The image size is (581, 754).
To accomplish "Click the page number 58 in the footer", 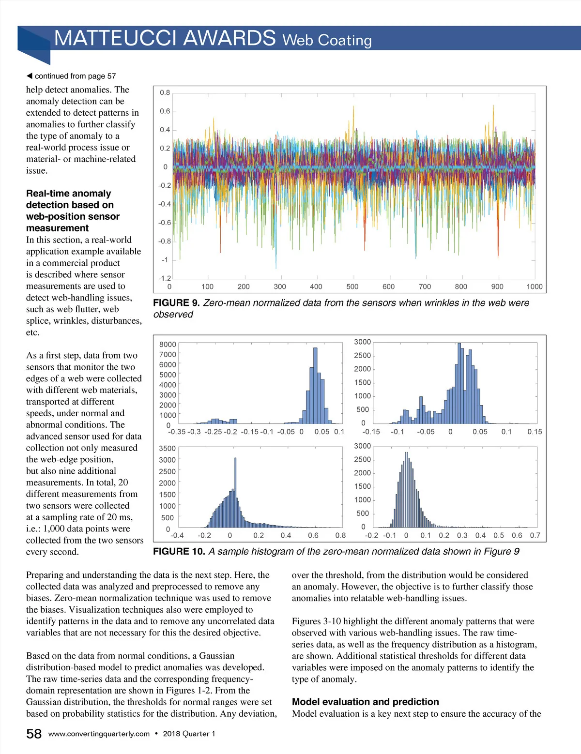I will (x=34, y=734).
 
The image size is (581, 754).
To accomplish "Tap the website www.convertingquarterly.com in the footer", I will (x=99, y=734).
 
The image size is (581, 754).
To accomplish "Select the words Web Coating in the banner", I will (x=327, y=40).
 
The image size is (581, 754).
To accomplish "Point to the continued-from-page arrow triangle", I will (x=29, y=76).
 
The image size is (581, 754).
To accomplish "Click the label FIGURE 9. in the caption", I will (x=176, y=303).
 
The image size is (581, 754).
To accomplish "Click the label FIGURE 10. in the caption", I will (x=179, y=552).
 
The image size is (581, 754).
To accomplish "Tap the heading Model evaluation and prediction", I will (x=365, y=702).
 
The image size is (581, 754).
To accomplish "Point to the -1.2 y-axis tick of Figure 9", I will (x=165, y=278).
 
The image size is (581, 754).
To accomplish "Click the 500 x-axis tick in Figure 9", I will (x=352, y=287).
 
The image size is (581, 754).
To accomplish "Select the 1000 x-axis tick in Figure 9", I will (x=534, y=287).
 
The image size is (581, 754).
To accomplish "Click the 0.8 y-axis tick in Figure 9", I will (x=165, y=92).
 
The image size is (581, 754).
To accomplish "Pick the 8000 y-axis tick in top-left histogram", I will (x=168, y=345).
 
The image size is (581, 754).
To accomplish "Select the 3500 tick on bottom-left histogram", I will (x=167, y=449).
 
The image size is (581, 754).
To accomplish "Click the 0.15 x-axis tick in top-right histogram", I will (x=535, y=432).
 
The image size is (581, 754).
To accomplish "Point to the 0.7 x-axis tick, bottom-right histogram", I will (x=535, y=535).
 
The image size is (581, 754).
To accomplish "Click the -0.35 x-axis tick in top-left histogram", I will (x=177, y=432).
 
